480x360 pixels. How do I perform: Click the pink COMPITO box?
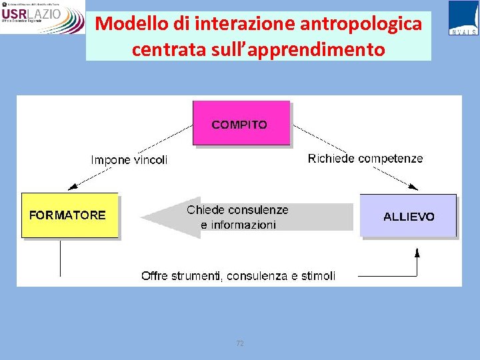coord(241,123)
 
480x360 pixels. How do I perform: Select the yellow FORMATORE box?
coord(69,215)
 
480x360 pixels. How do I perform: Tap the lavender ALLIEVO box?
coord(408,216)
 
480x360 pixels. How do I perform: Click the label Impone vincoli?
coord(129,160)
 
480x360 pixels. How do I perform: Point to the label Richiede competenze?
coord(365,159)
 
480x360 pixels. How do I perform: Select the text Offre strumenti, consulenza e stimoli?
coord(238,275)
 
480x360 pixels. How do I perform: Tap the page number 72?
coord(240,343)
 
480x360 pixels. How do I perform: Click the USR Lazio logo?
coord(42,17)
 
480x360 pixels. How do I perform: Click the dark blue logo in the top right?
coord(463,17)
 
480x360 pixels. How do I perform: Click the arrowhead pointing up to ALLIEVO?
coord(417,253)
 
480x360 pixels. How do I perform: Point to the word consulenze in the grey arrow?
coord(256,210)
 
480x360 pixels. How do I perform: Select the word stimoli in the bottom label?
coord(318,275)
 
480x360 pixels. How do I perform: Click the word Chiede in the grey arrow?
coord(204,210)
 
